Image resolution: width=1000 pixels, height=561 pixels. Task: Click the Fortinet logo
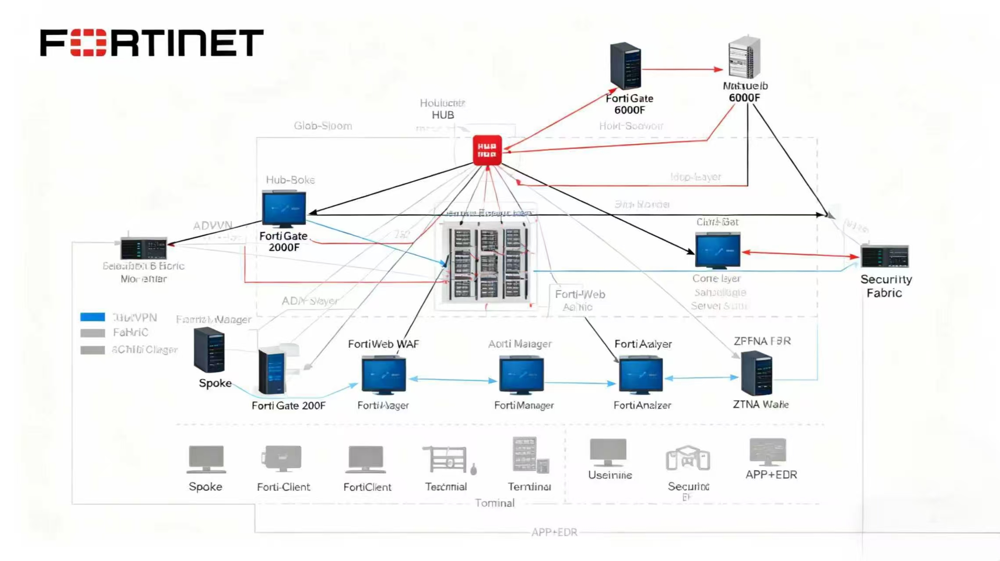[x=152, y=43]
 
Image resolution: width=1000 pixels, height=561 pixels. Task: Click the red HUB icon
[x=487, y=150]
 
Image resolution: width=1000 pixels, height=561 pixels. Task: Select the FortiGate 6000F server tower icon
[x=626, y=66]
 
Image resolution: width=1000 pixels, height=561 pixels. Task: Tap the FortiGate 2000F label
[x=284, y=241]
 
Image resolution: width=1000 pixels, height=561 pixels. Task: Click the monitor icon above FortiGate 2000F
[x=284, y=209]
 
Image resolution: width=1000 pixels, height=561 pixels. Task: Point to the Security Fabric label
[x=886, y=286]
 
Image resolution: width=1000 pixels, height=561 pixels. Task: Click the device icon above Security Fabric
[x=884, y=256]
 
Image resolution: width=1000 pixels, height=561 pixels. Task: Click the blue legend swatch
[x=93, y=317]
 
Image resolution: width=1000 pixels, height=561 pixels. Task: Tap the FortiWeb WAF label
[x=383, y=344]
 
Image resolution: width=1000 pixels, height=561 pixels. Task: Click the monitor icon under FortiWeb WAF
[x=384, y=375]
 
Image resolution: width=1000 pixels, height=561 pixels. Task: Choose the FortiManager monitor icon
[x=521, y=375]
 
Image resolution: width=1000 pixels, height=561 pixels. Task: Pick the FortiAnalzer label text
[x=642, y=405]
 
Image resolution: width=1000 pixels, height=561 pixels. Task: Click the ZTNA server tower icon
[x=757, y=373]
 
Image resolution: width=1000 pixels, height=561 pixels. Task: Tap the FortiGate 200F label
[x=289, y=406]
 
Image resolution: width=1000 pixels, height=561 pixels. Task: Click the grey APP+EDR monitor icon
[x=768, y=451]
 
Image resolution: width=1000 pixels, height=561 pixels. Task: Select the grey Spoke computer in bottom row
[x=206, y=459]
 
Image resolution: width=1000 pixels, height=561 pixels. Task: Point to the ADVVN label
[x=213, y=226]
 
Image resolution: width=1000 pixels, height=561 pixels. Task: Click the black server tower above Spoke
[x=209, y=350]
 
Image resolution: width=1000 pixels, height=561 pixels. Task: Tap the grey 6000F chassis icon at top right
[x=744, y=58]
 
